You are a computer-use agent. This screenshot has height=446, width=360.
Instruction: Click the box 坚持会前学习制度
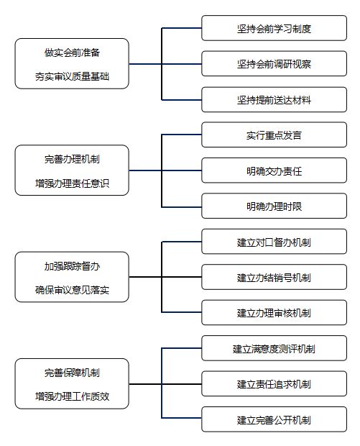[x=274, y=28]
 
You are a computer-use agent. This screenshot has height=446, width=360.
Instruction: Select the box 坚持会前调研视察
[x=274, y=64]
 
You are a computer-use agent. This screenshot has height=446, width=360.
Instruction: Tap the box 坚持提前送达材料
[x=274, y=99]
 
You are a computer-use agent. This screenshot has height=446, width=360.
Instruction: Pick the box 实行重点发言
[x=274, y=135]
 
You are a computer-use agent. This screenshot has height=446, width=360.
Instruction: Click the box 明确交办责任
[x=274, y=170]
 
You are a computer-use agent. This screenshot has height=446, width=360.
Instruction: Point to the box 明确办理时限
[x=274, y=206]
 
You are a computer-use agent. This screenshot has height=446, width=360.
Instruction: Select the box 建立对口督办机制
[x=274, y=242]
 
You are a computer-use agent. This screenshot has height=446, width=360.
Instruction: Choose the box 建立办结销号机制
[x=274, y=277]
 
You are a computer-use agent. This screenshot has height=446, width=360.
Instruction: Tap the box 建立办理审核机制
[x=274, y=313]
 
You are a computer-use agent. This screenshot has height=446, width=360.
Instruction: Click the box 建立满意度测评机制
[x=274, y=348]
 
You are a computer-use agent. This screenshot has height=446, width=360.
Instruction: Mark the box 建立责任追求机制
[x=274, y=383]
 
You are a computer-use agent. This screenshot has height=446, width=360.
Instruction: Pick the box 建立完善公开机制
[x=274, y=419]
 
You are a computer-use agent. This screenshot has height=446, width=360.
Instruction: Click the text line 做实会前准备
[x=72, y=53]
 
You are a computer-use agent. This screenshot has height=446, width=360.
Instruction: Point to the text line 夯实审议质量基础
[x=72, y=76]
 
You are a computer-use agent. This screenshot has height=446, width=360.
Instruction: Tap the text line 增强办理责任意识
[x=72, y=183]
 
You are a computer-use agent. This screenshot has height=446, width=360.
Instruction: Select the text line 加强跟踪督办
[x=72, y=266]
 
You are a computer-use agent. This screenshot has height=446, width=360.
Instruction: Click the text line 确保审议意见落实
[x=72, y=290]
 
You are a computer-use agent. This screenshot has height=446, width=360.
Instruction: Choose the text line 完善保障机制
[x=72, y=373]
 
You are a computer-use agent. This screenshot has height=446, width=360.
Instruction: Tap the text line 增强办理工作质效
[x=72, y=396]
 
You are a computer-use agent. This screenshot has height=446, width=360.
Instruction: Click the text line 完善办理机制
[x=72, y=159]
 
